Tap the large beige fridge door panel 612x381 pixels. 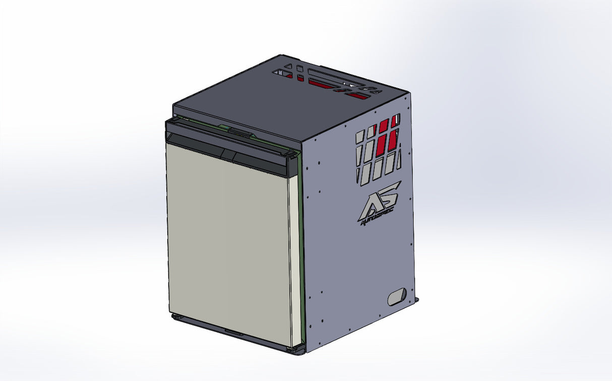tap(227, 242)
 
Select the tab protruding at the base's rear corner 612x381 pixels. tap(416, 300)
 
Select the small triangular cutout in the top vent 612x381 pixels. tap(287, 66)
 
